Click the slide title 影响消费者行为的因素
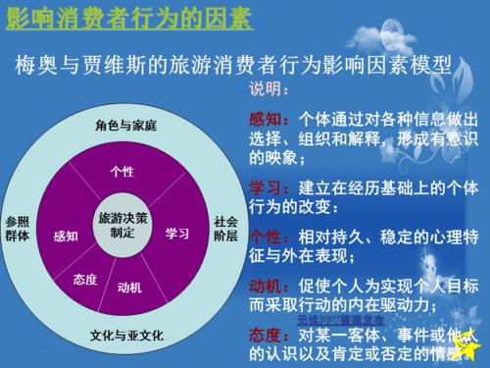click(x=127, y=19)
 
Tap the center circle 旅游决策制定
click(x=122, y=225)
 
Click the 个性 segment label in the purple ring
click(x=122, y=172)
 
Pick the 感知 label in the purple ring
click(x=66, y=236)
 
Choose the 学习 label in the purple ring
click(x=177, y=234)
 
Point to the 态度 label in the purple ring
click(x=85, y=281)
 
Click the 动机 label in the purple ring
click(x=129, y=288)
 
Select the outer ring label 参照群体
click(x=18, y=229)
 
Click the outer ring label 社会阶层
click(x=225, y=229)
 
